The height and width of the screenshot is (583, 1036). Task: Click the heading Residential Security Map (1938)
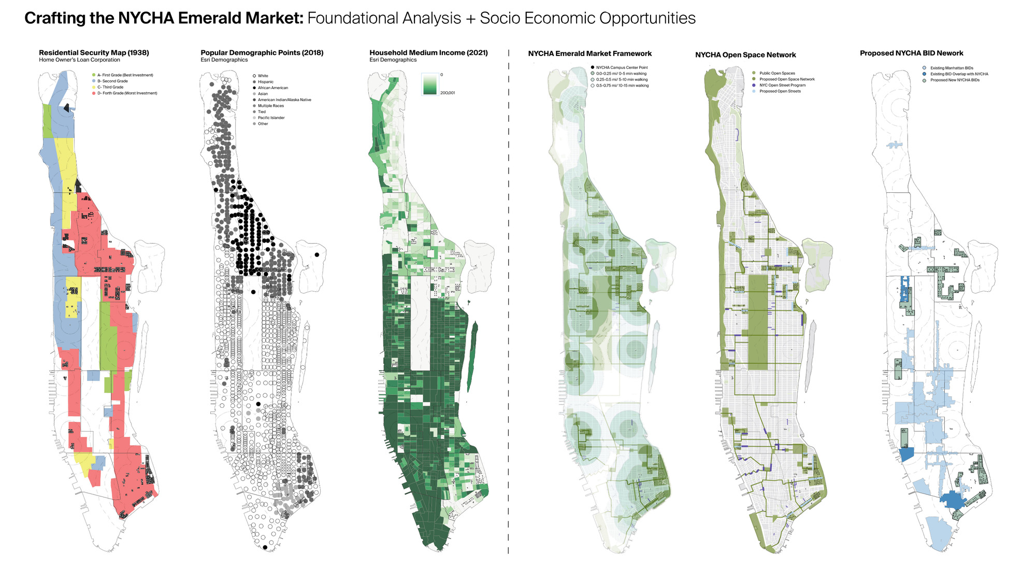94,53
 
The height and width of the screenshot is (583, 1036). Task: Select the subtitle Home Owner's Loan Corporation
79,60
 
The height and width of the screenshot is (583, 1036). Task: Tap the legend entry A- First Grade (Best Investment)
125,75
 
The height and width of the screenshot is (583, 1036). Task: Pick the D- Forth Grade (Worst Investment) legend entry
127,93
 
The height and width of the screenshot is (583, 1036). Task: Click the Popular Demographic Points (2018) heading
262,53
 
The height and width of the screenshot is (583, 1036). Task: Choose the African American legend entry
272,88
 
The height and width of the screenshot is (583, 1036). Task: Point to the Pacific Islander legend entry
271,118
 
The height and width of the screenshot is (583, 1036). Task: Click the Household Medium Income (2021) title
428,53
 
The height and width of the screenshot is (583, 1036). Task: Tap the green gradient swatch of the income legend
430,84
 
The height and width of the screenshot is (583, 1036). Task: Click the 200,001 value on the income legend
448,93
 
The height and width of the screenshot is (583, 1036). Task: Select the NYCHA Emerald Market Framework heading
589,54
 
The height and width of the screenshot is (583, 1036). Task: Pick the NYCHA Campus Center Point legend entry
622,68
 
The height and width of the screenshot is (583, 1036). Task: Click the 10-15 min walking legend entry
622,86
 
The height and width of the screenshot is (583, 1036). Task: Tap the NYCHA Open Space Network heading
745,55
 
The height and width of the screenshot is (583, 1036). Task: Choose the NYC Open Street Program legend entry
782,86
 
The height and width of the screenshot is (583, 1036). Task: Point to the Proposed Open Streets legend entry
780,91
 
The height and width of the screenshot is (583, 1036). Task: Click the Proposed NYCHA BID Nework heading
911,53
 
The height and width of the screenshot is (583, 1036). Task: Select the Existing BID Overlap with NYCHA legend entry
959,74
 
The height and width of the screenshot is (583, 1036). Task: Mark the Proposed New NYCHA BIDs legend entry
955,80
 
